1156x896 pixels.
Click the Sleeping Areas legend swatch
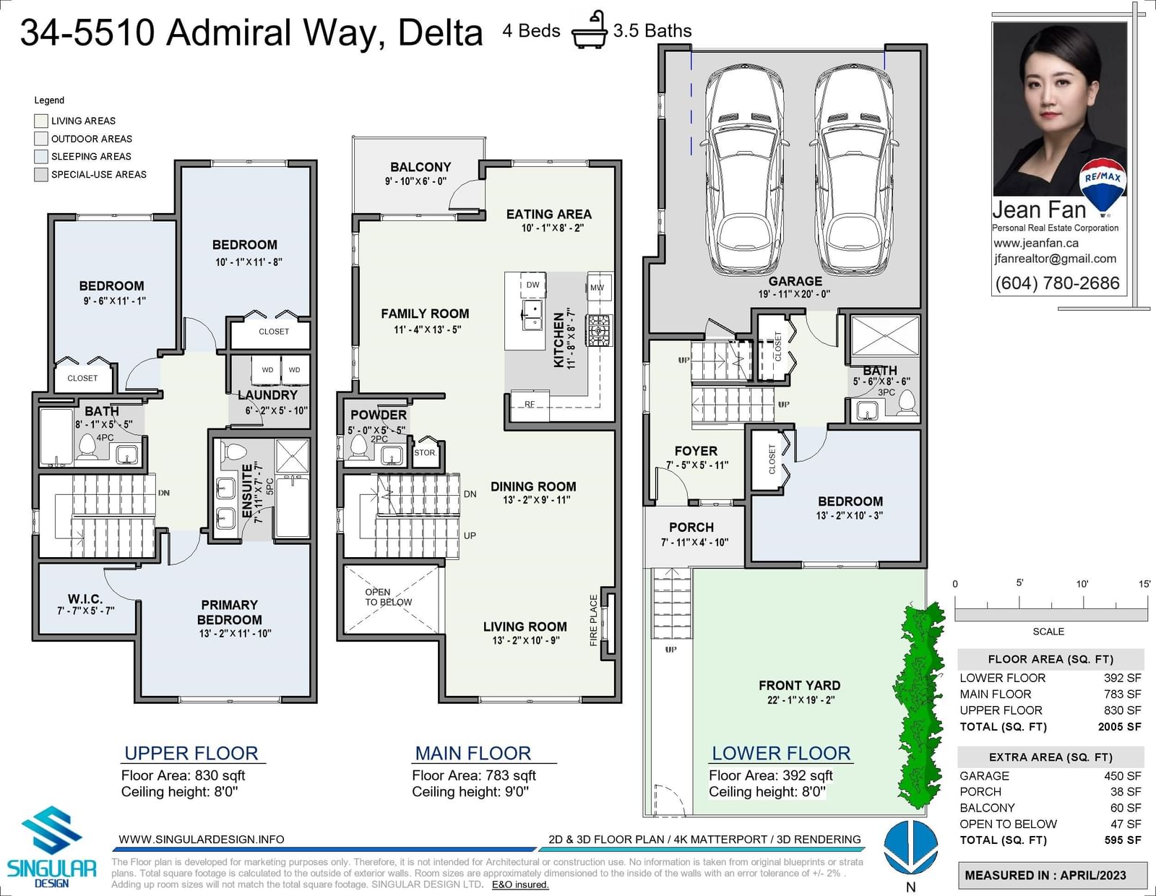tap(41, 156)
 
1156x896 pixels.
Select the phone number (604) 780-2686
tap(1057, 283)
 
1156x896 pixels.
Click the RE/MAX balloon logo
tap(1103, 187)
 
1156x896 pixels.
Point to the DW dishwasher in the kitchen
tap(532, 285)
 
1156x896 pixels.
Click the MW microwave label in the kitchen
tap(597, 288)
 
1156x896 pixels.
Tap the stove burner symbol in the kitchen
tap(599, 330)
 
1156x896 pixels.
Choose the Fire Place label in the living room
tap(594, 621)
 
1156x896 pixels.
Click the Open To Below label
tap(389, 597)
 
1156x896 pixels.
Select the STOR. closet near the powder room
tap(426, 452)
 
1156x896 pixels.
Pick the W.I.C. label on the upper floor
tap(85, 599)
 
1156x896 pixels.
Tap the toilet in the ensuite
tap(233, 452)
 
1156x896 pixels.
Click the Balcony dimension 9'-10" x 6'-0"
tap(415, 181)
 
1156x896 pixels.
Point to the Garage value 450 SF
tap(1123, 776)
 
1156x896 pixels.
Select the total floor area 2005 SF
tap(1119, 727)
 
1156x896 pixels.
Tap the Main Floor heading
tap(473, 754)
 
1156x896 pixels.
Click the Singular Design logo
tap(51, 847)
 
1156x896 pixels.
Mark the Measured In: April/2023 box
tap(1052, 875)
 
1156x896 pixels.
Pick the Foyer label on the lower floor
tap(696, 451)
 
